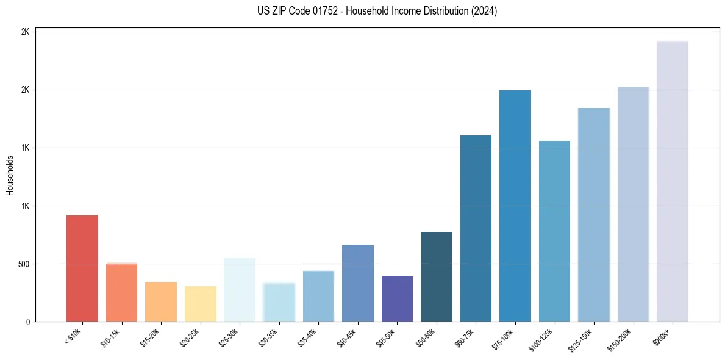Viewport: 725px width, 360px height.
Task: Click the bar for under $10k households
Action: click(82, 268)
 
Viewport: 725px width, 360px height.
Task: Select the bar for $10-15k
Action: click(121, 292)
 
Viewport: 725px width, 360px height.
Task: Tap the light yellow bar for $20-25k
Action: click(200, 304)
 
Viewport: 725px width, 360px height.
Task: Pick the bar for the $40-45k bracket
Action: click(357, 283)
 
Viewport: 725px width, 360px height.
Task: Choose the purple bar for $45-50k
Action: click(397, 298)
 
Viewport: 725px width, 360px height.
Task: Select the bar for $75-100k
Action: click(515, 206)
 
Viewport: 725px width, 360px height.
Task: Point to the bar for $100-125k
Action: click(554, 231)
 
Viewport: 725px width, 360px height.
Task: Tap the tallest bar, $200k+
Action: click(672, 181)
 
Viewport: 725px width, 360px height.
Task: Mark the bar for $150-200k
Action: click(633, 204)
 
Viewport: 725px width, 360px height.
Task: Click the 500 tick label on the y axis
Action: click(23, 264)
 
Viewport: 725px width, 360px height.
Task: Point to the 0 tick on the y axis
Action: click(28, 322)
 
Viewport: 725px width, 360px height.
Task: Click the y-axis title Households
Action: click(10, 175)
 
